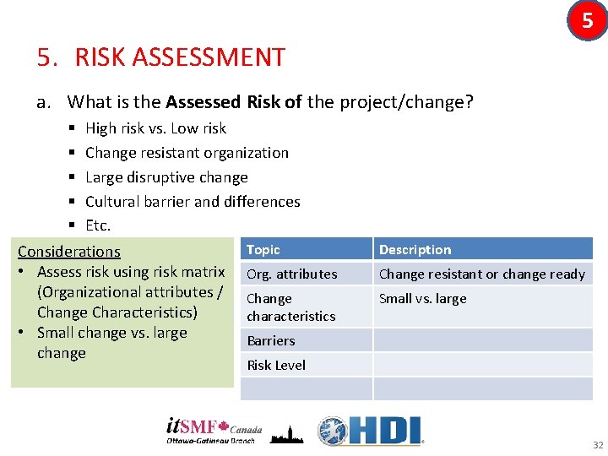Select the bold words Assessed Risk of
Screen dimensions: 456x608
pyautogui.click(x=234, y=103)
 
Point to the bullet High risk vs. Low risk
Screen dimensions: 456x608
pyautogui.click(x=155, y=128)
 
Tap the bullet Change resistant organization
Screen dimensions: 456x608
pyautogui.click(x=187, y=153)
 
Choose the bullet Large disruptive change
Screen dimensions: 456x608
pyautogui.click(x=166, y=177)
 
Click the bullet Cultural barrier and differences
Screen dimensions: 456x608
pyautogui.click(x=193, y=202)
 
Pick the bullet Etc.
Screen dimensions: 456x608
pyautogui.click(x=98, y=225)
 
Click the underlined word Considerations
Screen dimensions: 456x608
pyautogui.click(x=69, y=252)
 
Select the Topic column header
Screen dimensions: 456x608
pyautogui.click(x=263, y=249)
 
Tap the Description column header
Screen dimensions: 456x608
pyautogui.click(x=415, y=250)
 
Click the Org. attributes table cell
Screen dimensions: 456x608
pyautogui.click(x=291, y=274)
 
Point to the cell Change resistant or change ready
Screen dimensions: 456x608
pyautogui.click(x=481, y=274)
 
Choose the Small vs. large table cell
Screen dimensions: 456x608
pyautogui.click(x=422, y=298)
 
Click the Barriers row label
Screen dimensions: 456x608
pyautogui.click(x=271, y=340)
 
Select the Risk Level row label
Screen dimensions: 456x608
pyautogui.click(x=276, y=365)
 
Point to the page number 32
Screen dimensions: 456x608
pyautogui.click(x=598, y=445)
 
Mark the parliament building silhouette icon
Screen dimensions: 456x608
pyautogui.click(x=287, y=432)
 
